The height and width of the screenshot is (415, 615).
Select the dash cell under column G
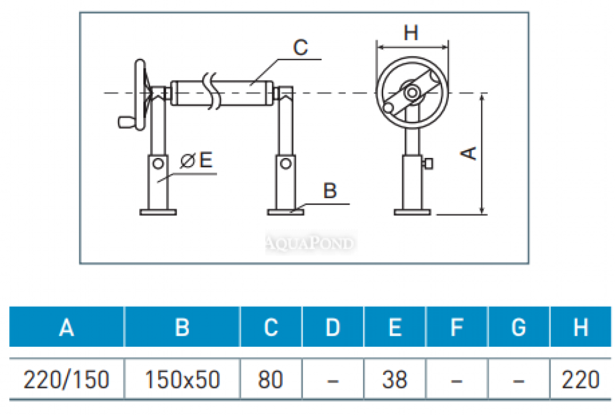pyautogui.click(x=518, y=381)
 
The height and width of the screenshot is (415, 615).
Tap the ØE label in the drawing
pyautogui.click(x=196, y=161)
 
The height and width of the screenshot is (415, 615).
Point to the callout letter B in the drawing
pyautogui.click(x=330, y=191)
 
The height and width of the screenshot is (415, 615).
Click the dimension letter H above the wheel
pyautogui.click(x=411, y=33)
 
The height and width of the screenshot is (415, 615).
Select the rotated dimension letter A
pyautogui.click(x=469, y=153)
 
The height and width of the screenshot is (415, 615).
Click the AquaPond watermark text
pyautogui.click(x=311, y=243)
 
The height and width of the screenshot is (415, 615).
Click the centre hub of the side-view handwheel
pyautogui.click(x=411, y=93)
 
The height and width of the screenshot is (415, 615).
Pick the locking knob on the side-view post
pyautogui.click(x=429, y=164)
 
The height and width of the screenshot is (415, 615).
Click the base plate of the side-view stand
pyautogui.click(x=411, y=213)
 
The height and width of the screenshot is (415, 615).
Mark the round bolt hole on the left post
pyautogui.click(x=159, y=164)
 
